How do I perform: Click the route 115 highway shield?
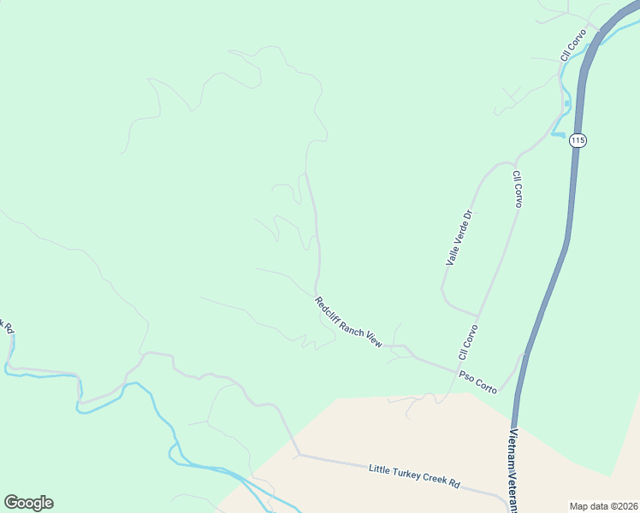pos(578,140)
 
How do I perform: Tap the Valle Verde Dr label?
pos(459,237)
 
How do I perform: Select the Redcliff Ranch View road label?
pos(347,321)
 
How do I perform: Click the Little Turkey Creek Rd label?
pos(414,476)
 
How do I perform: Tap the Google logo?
pos(28,503)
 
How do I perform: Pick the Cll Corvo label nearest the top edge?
pos(572,45)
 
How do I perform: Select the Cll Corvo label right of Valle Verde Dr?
pos(517,189)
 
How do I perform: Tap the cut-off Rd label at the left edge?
pos(9,327)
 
